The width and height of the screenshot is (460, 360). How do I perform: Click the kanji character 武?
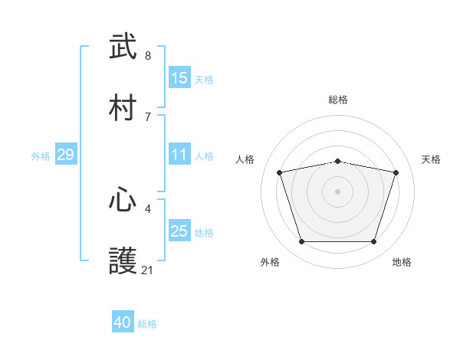(123, 47)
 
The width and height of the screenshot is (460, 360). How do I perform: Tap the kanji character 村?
(123, 107)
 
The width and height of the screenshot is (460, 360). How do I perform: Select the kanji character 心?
(123, 200)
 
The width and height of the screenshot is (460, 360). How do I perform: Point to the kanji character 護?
(123, 261)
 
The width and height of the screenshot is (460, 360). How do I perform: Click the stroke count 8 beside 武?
(148, 56)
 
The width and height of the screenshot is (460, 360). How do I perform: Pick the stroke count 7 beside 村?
(148, 116)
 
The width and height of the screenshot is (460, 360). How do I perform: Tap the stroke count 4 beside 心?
(148, 208)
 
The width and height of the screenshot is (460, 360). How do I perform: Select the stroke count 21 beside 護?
(148, 270)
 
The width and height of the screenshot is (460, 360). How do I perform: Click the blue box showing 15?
(179, 78)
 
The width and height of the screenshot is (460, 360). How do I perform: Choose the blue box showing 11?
(179, 155)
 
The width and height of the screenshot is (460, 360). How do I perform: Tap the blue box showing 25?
(179, 231)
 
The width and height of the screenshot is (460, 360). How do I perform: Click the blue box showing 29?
(65, 155)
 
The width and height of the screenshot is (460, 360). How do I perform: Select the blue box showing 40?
(123, 323)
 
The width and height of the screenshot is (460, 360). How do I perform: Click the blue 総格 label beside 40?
(147, 324)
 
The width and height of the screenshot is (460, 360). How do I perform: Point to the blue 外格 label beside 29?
(41, 155)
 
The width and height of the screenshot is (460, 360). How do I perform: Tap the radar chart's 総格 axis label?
(338, 100)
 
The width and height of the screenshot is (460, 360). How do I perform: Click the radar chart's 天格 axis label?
(431, 159)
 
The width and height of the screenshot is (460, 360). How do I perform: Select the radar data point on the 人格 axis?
(280, 172)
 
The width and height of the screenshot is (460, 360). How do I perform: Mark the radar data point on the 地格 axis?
(373, 242)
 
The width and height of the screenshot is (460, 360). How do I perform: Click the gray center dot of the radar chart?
(338, 191)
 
